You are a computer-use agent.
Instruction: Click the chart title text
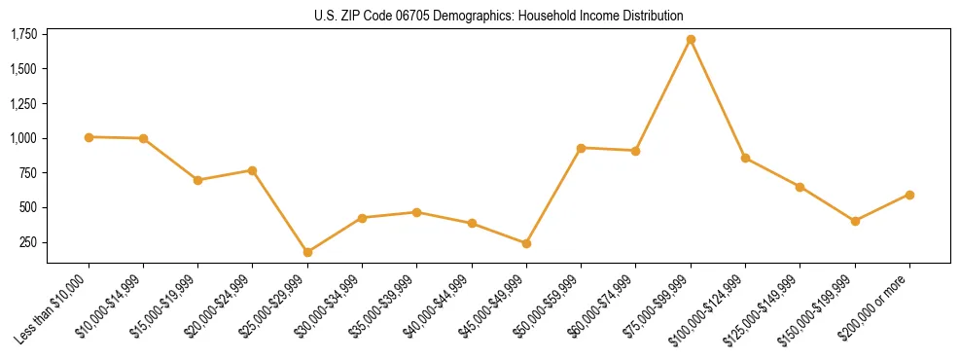(x=499, y=16)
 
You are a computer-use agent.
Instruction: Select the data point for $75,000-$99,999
(x=691, y=40)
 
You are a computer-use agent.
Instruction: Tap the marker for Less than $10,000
(x=89, y=137)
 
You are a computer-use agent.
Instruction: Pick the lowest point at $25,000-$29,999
(x=307, y=252)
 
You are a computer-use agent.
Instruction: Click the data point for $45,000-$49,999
(x=526, y=243)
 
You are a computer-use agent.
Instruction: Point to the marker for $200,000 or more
(x=909, y=195)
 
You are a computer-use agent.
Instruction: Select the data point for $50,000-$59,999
(x=581, y=148)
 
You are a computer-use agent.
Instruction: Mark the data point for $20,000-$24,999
(x=253, y=170)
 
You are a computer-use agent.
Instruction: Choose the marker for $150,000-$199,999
(x=855, y=221)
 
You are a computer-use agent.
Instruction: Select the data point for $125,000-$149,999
(x=800, y=187)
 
